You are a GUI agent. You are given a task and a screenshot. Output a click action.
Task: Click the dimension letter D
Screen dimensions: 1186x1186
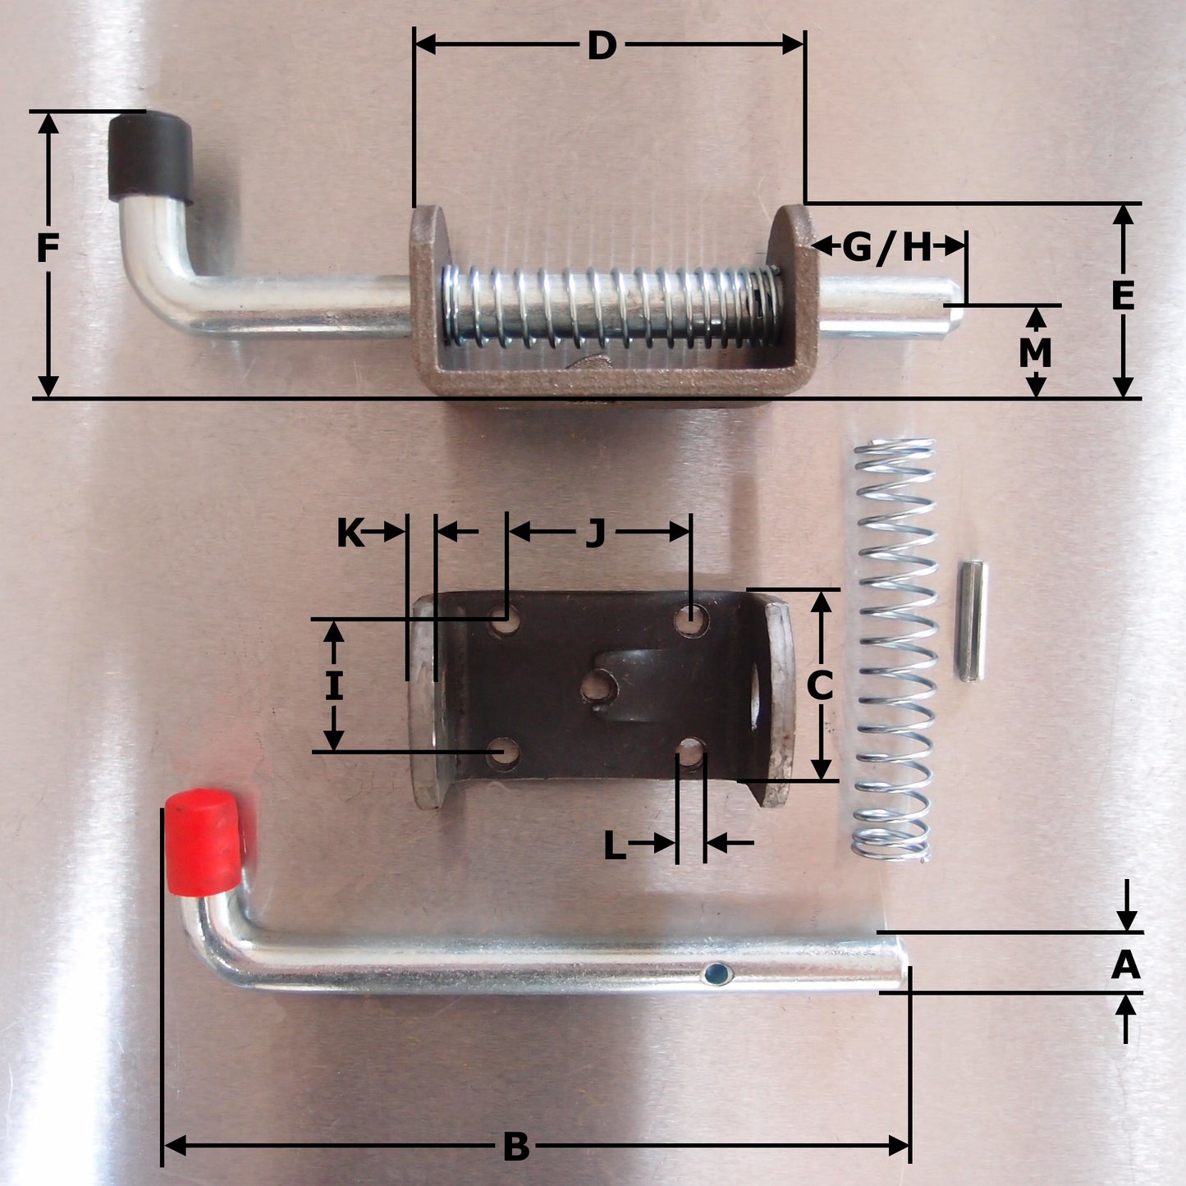pyautogui.click(x=602, y=46)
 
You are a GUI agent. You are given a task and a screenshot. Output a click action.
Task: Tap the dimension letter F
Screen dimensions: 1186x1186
pyautogui.click(x=48, y=248)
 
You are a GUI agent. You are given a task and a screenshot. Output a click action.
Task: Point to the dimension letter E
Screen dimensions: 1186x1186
pyautogui.click(x=1123, y=295)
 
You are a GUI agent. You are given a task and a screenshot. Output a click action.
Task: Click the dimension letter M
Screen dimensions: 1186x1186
pyautogui.click(x=1036, y=353)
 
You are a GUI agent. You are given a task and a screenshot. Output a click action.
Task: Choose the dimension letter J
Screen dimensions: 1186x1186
pyautogui.click(x=595, y=533)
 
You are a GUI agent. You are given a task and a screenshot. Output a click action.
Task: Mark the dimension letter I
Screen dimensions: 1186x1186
pyautogui.click(x=332, y=686)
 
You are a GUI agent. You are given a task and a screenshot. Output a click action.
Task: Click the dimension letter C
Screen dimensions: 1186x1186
pyautogui.click(x=820, y=686)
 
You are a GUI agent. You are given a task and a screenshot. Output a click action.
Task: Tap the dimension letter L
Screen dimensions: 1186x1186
pyautogui.click(x=614, y=846)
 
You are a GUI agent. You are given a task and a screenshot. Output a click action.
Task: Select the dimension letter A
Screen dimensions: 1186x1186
pyautogui.click(x=1125, y=965)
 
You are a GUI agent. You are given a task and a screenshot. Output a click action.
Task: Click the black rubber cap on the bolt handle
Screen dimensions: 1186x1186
pyautogui.click(x=150, y=156)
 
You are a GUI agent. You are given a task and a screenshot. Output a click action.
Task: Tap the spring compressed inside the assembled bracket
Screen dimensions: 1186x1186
pyautogui.click(x=611, y=306)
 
